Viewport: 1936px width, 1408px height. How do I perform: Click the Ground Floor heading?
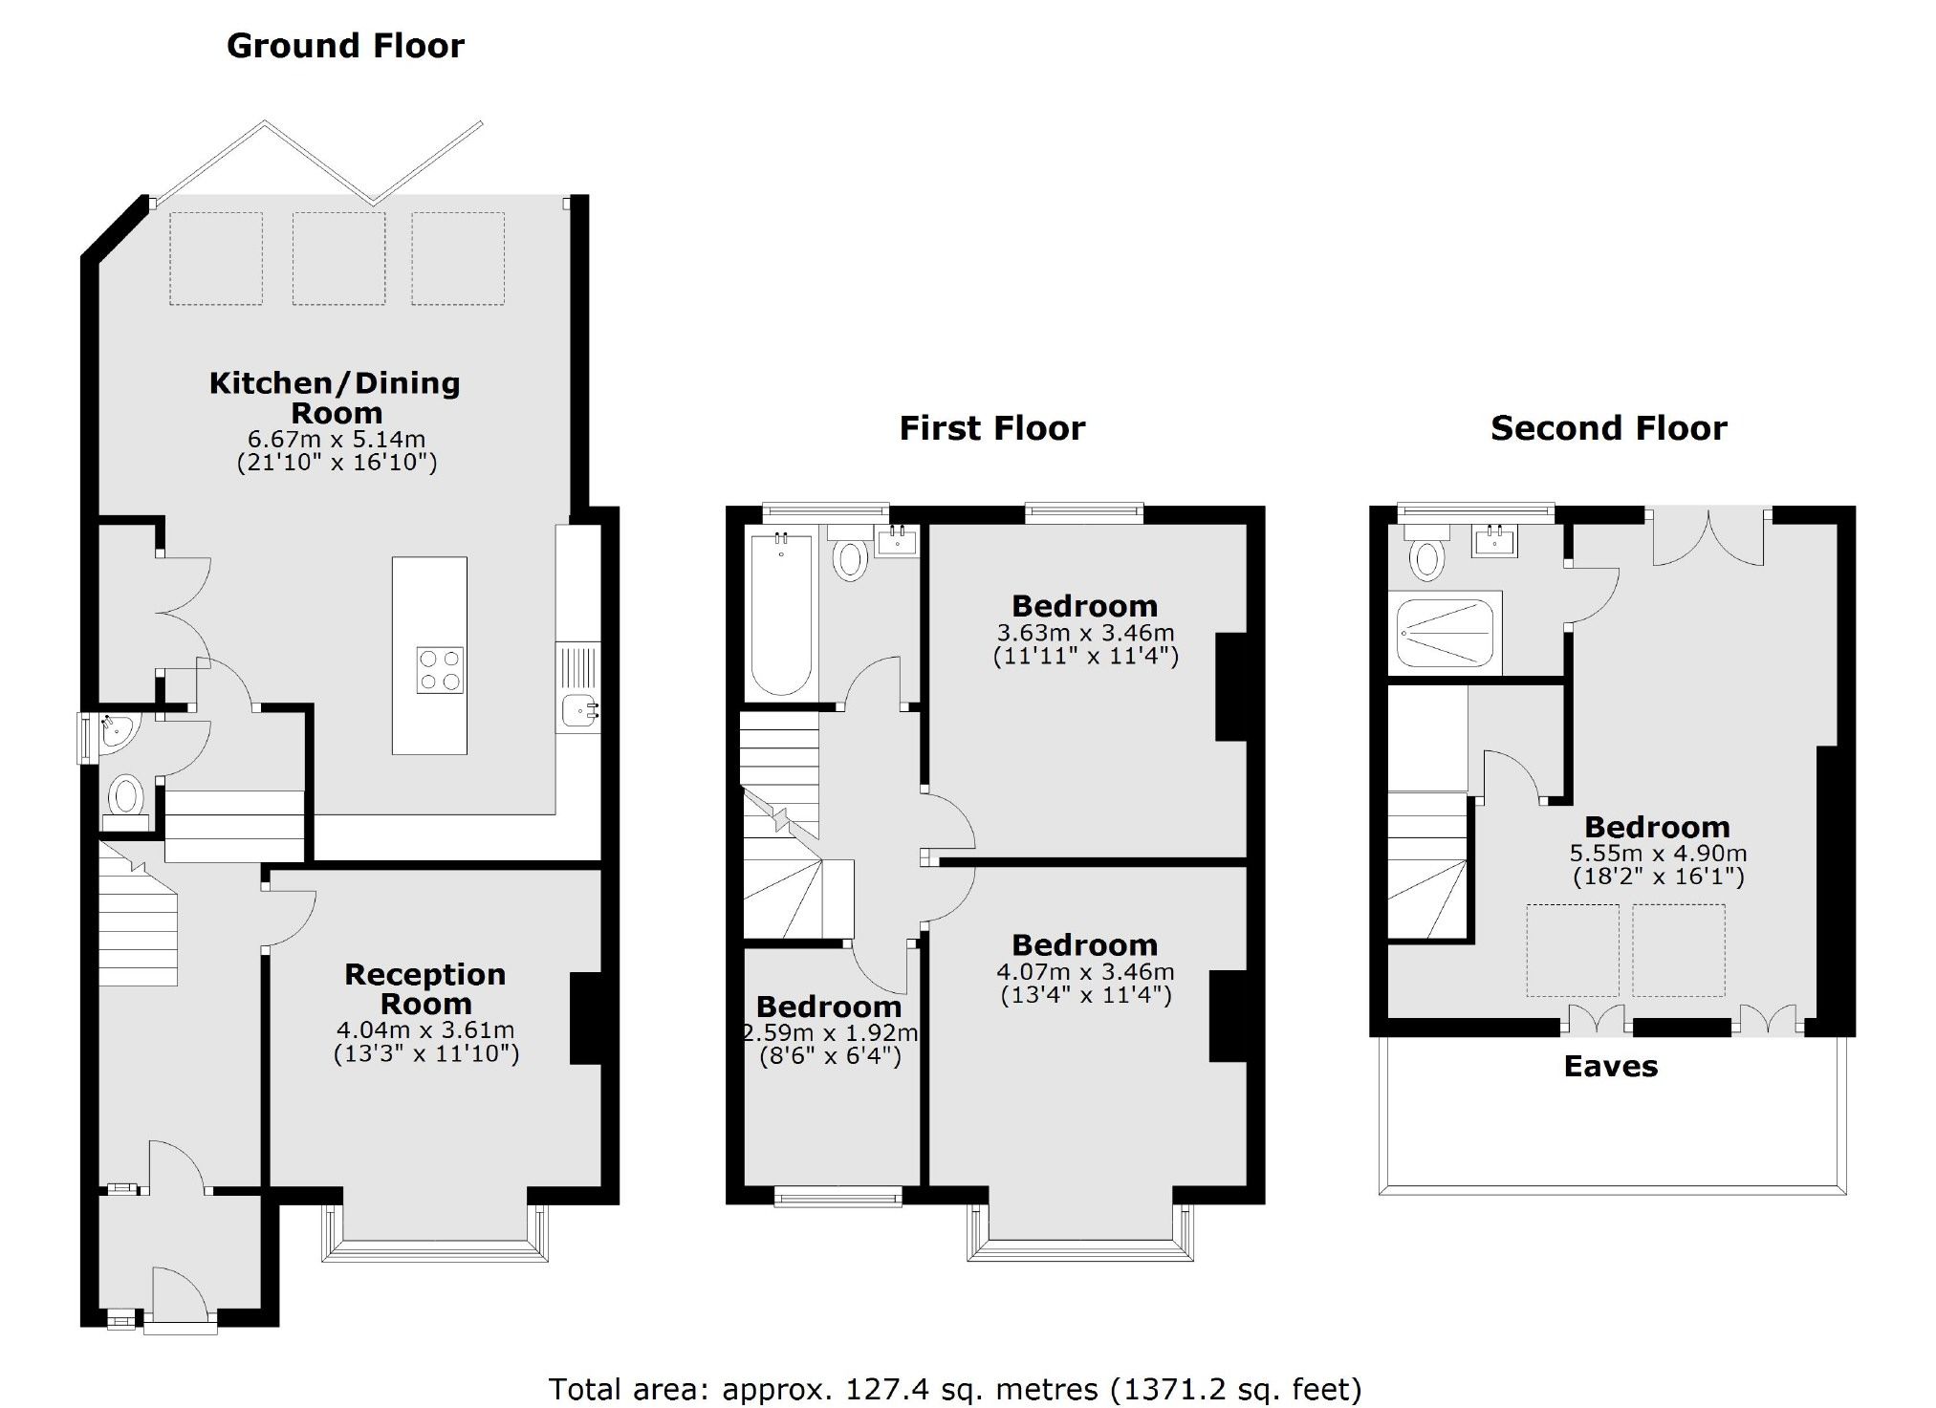345,46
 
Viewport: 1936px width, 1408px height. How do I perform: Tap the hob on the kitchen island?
441,669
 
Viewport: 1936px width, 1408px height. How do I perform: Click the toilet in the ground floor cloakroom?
125,796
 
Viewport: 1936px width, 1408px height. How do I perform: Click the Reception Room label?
425,988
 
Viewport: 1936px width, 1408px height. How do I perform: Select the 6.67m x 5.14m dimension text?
337,440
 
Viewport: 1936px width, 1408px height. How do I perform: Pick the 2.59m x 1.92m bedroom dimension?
830,1033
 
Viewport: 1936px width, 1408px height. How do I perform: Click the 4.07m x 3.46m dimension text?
1085,972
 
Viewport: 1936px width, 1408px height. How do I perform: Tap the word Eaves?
1610,1067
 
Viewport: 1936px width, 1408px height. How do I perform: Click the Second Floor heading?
1608,428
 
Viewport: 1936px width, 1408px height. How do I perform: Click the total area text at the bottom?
954,1388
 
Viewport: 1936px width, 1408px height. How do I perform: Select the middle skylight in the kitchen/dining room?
338,258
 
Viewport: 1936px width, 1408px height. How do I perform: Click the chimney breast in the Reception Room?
585,1018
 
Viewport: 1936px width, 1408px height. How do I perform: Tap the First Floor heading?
991,428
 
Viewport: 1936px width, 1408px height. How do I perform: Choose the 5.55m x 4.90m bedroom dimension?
1658,854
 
